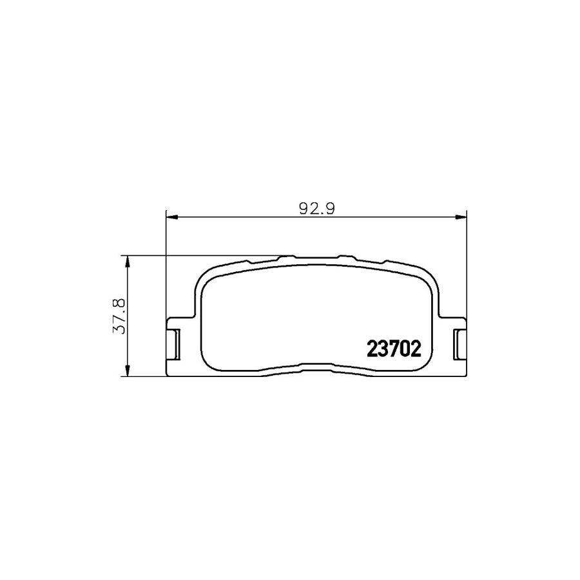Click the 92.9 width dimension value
[x=315, y=209]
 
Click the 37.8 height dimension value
[x=119, y=315]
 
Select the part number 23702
[x=394, y=349]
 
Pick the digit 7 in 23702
[x=394, y=349]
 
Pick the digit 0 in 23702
[x=405, y=349]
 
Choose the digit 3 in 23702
[x=383, y=349]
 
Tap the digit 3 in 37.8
[x=119, y=329]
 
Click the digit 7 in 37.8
[x=119, y=318]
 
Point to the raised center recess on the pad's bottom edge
[x=316, y=367]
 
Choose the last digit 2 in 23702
[x=416, y=349]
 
